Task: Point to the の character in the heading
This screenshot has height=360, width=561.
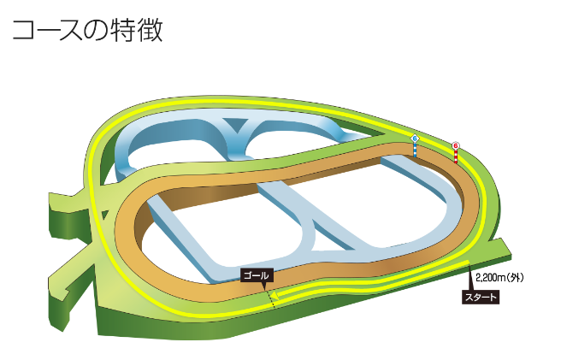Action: (97, 30)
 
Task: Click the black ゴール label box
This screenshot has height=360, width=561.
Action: (256, 274)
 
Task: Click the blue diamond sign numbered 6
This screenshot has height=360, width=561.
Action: (416, 138)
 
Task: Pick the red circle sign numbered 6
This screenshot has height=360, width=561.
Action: (456, 145)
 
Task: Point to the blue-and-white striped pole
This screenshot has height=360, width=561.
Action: (416, 150)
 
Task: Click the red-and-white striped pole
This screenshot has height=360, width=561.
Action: (457, 157)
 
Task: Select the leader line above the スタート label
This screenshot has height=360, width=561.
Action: (469, 283)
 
